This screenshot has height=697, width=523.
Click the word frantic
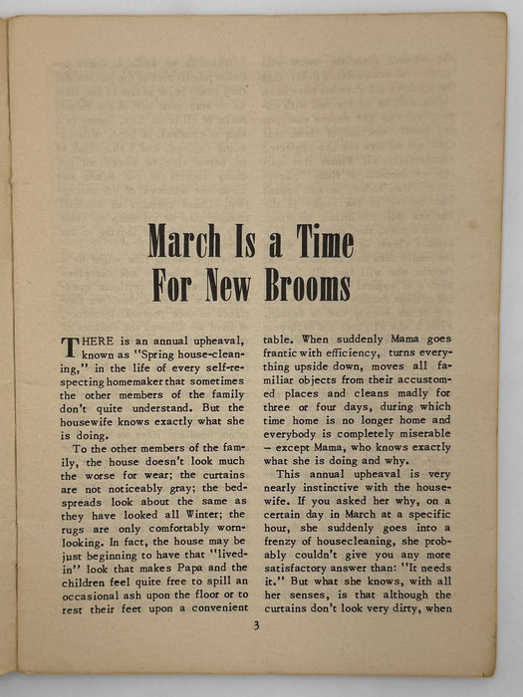point(285,353)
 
